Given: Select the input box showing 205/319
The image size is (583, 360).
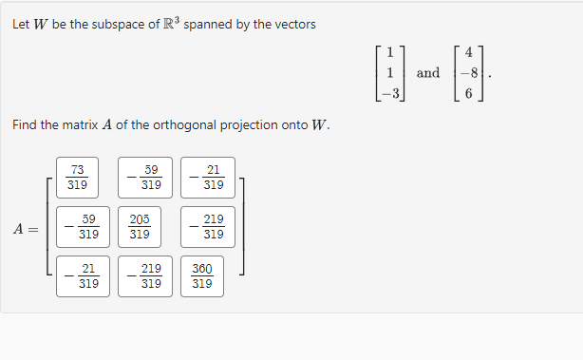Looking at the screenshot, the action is click(139, 227).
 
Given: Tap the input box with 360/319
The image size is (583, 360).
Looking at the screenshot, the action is click(202, 275).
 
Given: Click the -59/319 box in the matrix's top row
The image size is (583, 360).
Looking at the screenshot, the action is click(145, 178).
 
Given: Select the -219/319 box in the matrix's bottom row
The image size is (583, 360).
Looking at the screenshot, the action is click(145, 275).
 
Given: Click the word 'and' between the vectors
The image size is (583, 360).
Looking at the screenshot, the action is click(428, 73).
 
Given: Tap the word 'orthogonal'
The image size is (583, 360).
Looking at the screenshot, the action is click(169, 125).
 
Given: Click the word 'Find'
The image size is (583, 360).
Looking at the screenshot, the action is click(26, 125).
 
